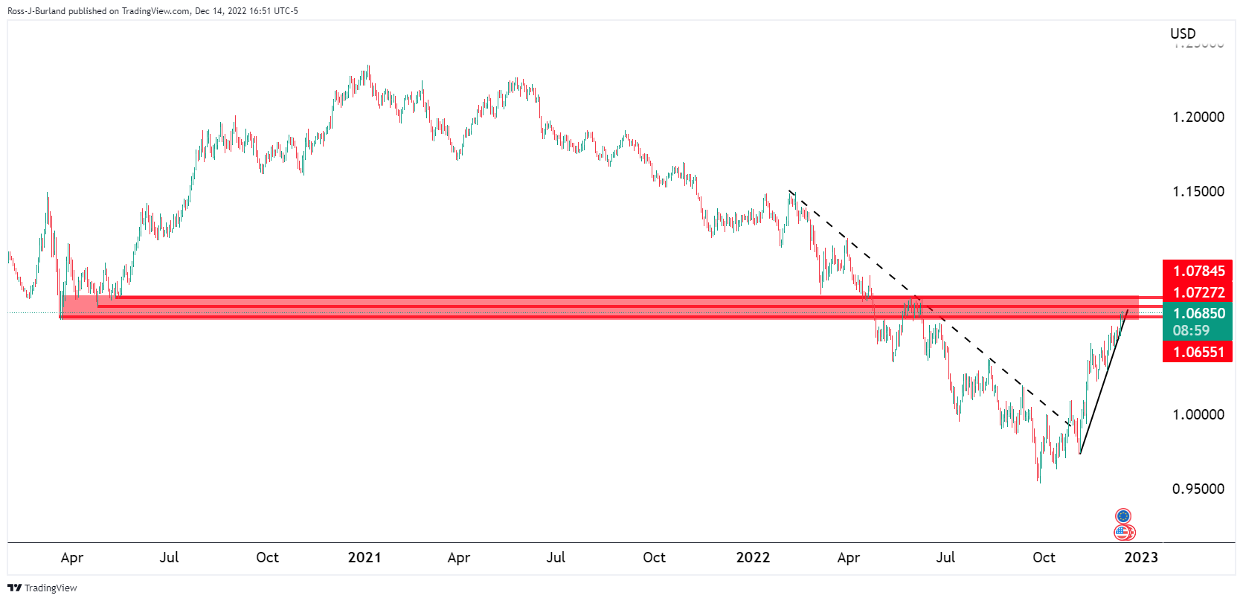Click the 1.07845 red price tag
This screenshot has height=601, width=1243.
[x=1198, y=271]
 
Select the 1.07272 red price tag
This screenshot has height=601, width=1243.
[x=1198, y=292]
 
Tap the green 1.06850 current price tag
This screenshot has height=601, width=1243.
[x=1198, y=313]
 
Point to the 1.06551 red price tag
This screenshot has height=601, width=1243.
[x=1198, y=352]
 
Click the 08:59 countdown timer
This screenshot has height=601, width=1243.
[x=1191, y=330]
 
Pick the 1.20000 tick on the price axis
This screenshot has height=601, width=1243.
[x=1198, y=117]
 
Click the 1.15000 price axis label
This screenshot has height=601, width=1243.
[x=1198, y=191]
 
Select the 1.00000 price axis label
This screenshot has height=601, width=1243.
[x=1198, y=414]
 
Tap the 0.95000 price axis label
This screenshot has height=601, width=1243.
[x=1198, y=489]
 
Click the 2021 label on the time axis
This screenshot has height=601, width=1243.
[x=364, y=557]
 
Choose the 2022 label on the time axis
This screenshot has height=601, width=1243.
[x=753, y=557]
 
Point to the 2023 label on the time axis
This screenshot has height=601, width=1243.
[x=1141, y=557]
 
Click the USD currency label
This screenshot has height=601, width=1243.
[x=1183, y=33]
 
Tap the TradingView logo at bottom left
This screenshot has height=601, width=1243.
[x=42, y=588]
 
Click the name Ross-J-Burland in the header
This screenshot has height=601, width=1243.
[x=36, y=11]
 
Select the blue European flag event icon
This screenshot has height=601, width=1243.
[x=1123, y=515]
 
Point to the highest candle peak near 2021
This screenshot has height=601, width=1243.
[x=368, y=67]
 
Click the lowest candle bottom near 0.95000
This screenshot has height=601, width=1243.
[x=1039, y=481]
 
